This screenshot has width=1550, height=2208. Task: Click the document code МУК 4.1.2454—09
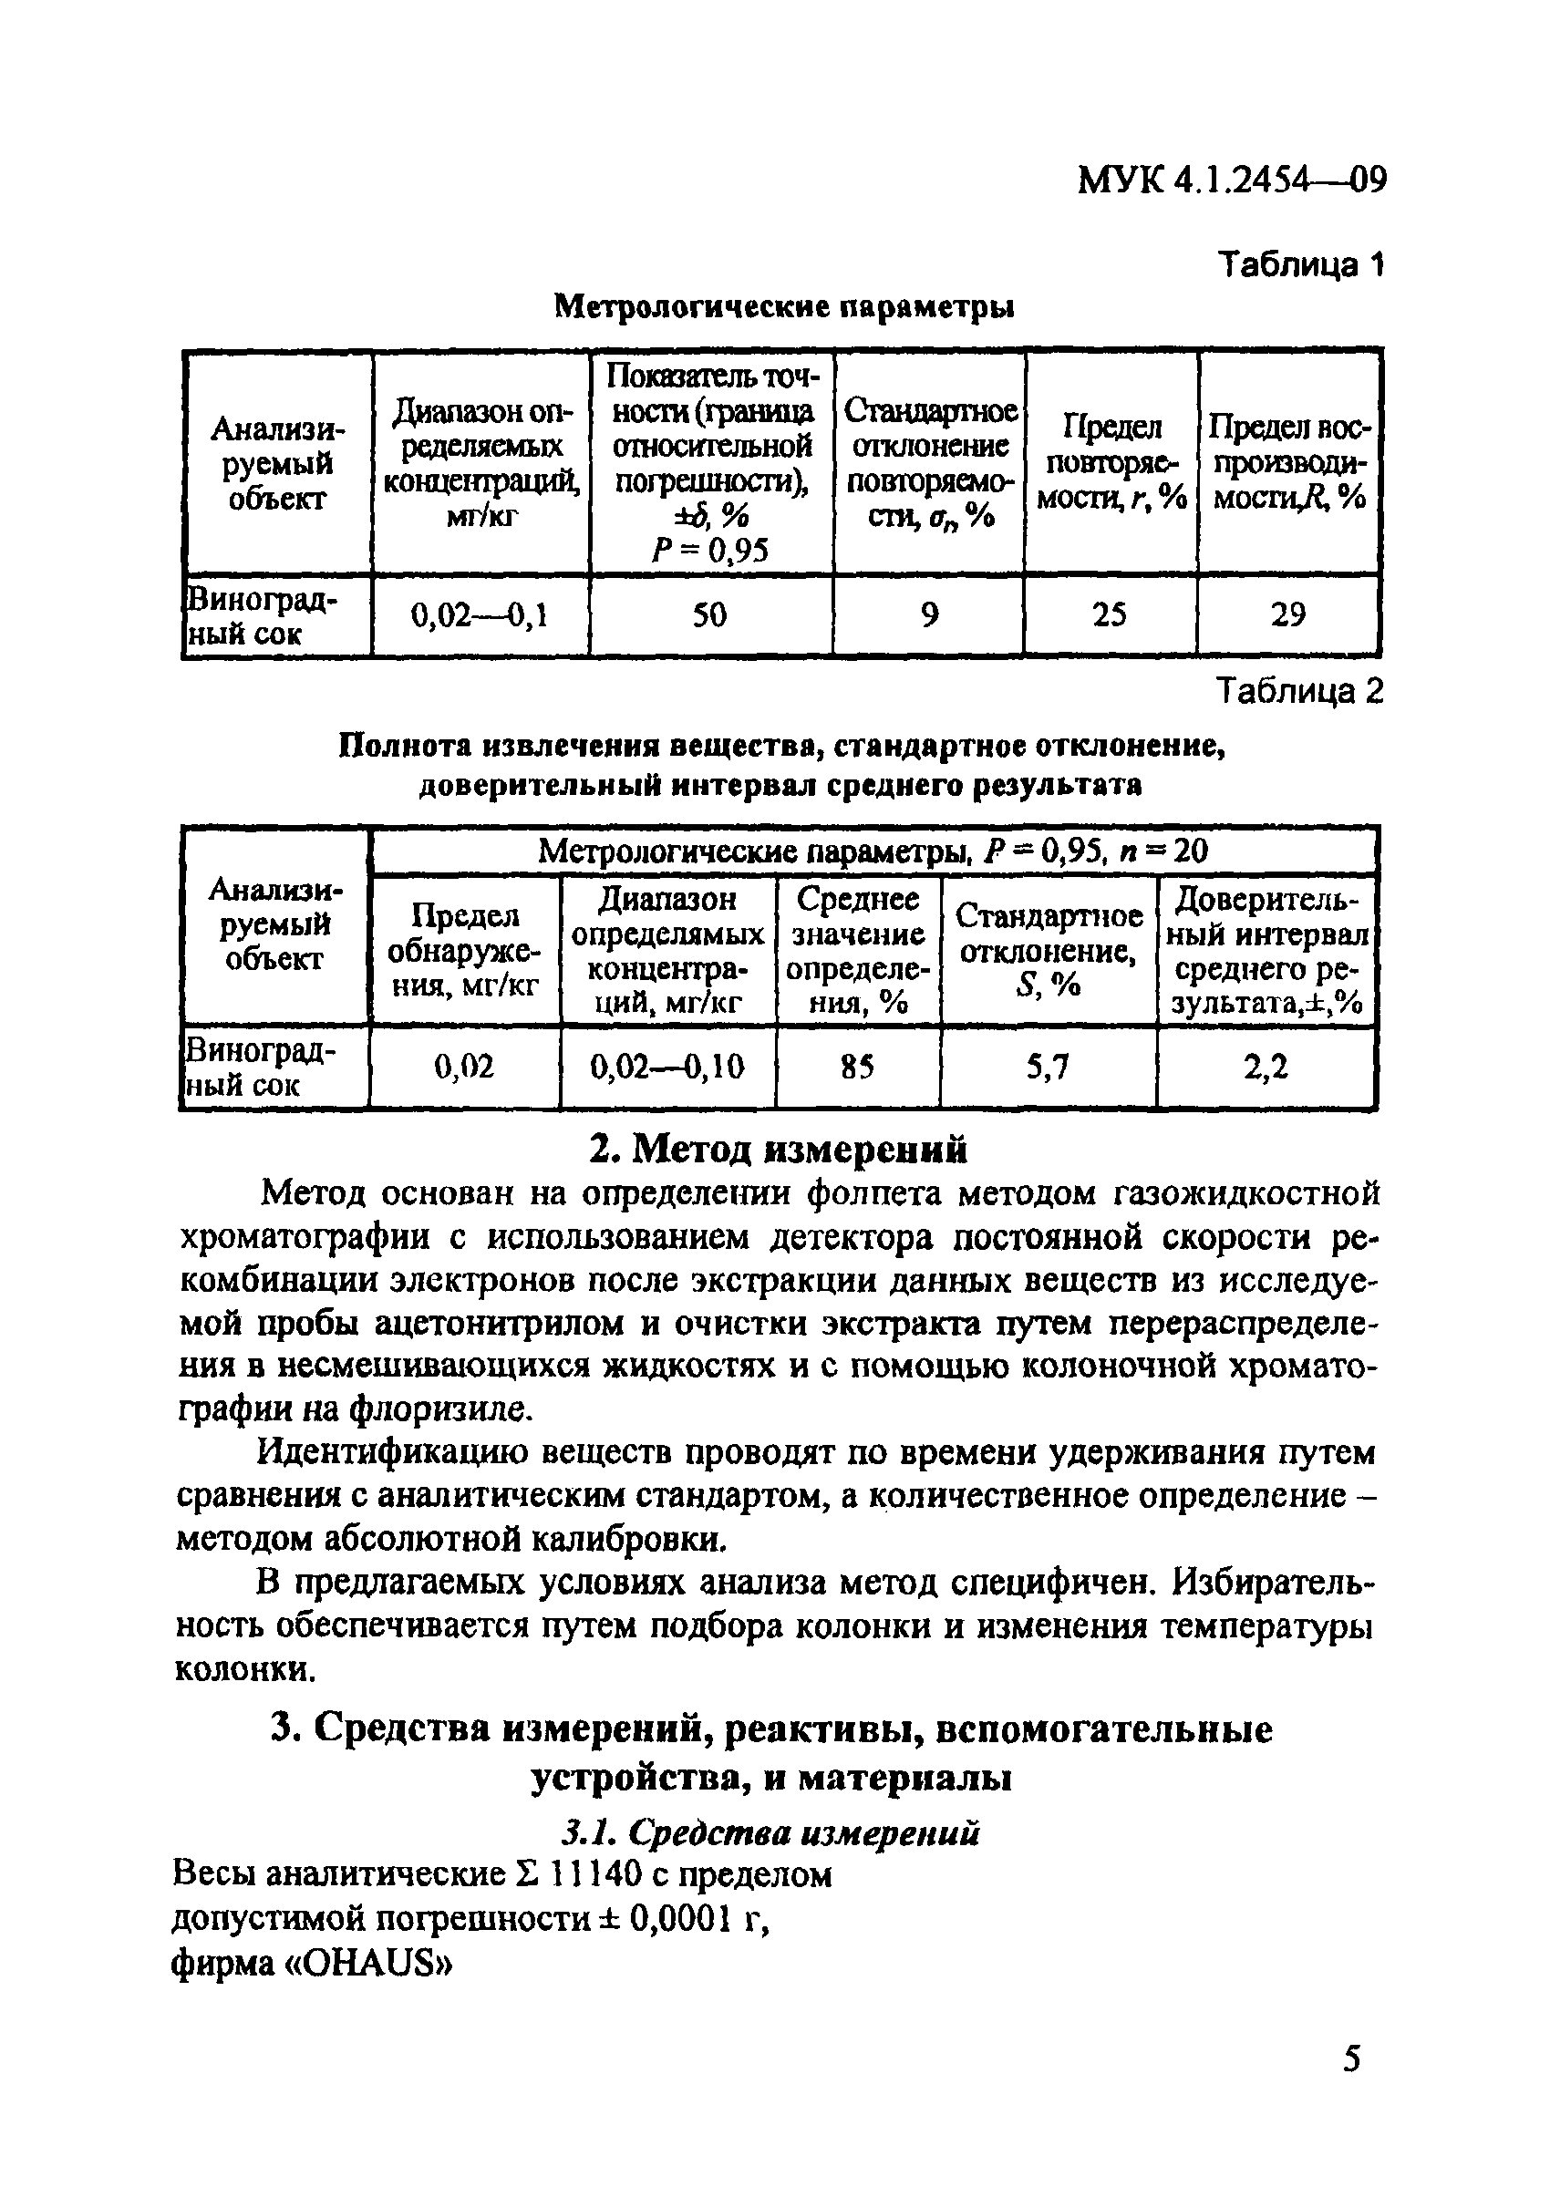[1232, 180]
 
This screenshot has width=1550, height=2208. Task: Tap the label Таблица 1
[1300, 264]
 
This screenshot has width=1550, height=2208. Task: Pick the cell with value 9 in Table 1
[929, 614]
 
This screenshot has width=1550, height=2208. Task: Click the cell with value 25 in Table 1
[1110, 614]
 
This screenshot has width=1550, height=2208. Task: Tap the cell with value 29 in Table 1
[1287, 614]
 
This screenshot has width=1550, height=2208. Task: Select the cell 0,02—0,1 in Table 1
[480, 614]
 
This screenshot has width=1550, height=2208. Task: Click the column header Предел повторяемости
[1111, 462]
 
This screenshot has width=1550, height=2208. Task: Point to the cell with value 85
[857, 1067]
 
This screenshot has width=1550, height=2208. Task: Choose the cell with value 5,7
[1049, 1067]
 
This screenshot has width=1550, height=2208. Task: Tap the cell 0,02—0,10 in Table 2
[667, 1067]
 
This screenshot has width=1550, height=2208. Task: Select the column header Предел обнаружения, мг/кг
[463, 950]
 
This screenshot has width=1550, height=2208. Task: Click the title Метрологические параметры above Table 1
[786, 307]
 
